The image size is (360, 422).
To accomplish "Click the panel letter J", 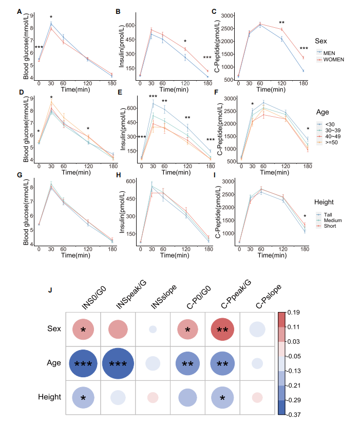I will tap(50, 291).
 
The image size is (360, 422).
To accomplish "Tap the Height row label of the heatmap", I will tap(50, 397).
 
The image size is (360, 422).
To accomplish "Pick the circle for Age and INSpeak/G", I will tap(118, 363).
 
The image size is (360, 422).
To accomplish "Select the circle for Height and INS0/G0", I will tap(83, 397).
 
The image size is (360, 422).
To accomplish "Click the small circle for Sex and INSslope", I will tap(153, 329).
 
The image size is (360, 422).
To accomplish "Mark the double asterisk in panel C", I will tap(281, 23).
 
